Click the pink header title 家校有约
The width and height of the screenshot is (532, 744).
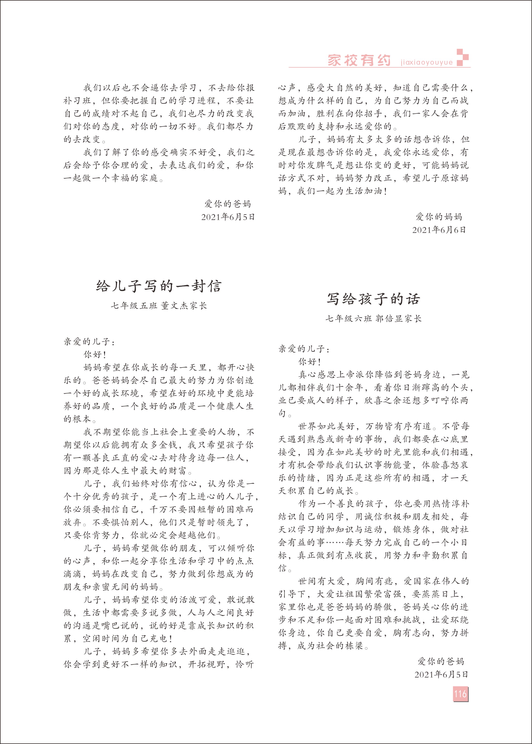tap(359, 60)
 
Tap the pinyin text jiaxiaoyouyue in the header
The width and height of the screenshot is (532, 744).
tap(427, 62)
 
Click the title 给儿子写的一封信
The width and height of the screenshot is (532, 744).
tap(159, 286)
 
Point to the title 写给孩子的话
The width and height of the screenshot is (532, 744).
tap(373, 299)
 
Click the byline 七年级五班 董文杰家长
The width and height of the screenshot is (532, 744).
tap(159, 306)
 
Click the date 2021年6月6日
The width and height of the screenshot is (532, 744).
tap(439, 230)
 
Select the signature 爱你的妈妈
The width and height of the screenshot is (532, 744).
tap(439, 217)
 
